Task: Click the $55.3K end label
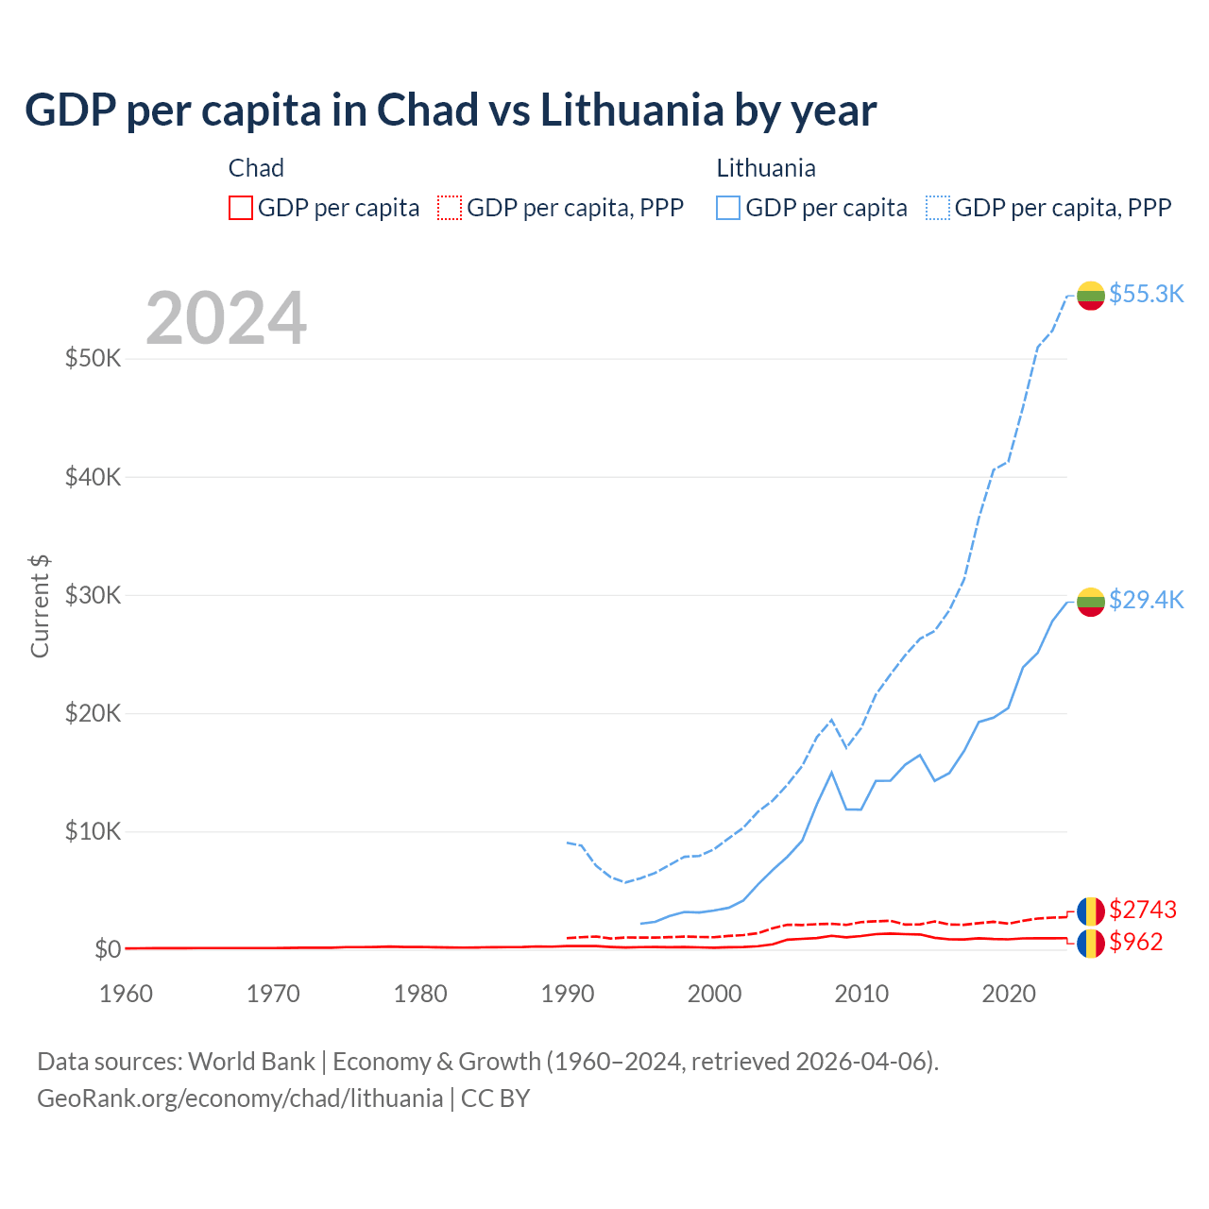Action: [1146, 294]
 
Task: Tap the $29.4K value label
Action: [1146, 600]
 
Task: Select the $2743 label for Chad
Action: [1142, 910]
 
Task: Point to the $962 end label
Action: [1135, 942]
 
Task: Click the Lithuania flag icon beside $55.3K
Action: [1091, 296]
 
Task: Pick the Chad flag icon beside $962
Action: [1091, 943]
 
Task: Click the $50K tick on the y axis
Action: [93, 359]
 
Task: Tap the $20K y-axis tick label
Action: [93, 713]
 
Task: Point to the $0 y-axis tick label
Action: [108, 949]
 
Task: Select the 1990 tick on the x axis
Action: [568, 994]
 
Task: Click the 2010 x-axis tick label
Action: [861, 994]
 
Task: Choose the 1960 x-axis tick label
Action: [126, 994]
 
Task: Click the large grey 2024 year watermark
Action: [226, 318]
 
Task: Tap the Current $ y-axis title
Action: [40, 606]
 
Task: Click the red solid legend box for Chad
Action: [241, 208]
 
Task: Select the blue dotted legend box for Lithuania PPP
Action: [938, 208]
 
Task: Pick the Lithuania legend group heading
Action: [766, 168]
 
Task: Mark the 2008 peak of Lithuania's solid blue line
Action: [831, 773]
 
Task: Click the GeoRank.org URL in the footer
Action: [240, 1098]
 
